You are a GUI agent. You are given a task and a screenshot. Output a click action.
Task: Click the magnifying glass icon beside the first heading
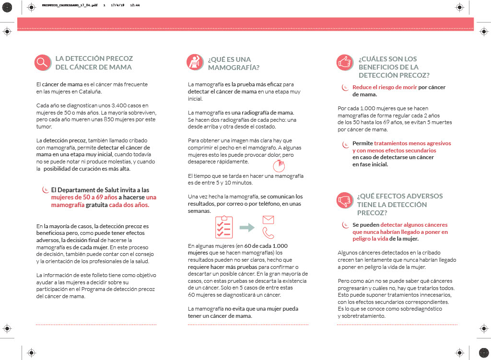(43, 62)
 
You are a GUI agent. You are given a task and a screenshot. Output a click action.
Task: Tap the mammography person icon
(194, 62)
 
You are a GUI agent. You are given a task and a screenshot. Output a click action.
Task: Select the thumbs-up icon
(345, 62)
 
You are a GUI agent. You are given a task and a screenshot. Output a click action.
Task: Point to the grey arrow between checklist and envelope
(247, 227)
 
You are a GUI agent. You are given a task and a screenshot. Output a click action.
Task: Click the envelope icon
(268, 220)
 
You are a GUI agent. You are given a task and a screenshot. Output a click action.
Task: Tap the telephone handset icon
(268, 233)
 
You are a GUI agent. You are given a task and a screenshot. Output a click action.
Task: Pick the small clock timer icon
(279, 166)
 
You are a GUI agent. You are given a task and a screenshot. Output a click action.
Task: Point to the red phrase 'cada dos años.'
(129, 205)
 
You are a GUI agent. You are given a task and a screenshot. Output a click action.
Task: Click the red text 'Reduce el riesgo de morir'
(385, 87)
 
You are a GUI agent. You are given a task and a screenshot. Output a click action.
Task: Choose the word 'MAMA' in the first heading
(121, 67)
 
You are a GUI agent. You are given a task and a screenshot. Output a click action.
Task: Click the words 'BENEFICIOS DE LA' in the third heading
(388, 67)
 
